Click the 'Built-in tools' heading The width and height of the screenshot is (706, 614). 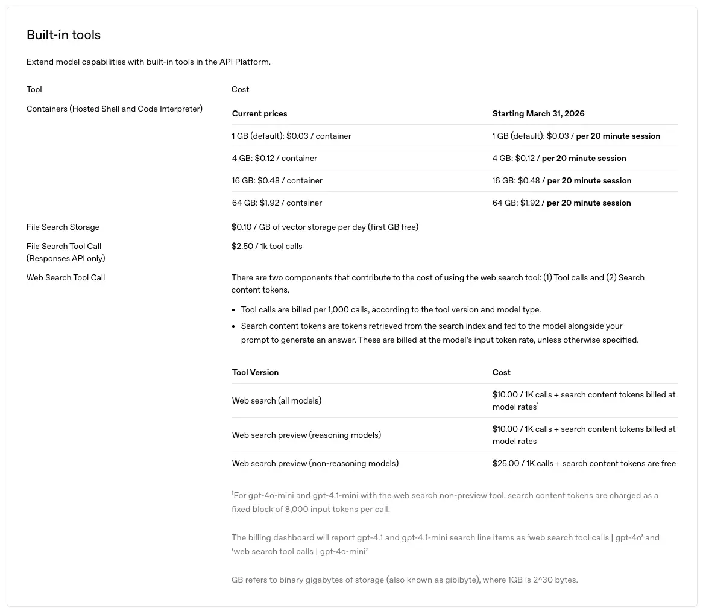pyautogui.click(x=63, y=35)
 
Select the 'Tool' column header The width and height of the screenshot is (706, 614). pyautogui.click(x=34, y=90)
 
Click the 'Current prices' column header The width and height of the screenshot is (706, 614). pyautogui.click(x=259, y=114)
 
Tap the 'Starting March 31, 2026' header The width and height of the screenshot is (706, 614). pyautogui.click(x=538, y=114)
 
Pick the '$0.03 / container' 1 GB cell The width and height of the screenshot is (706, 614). pyautogui.click(x=291, y=136)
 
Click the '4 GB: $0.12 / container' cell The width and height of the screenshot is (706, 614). pyautogui.click(x=274, y=159)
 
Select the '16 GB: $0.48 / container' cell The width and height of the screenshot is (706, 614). pyautogui.click(x=277, y=181)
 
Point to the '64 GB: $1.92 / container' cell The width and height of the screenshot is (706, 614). pyautogui.click(x=277, y=203)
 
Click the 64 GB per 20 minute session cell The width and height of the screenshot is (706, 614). pyautogui.click(x=561, y=203)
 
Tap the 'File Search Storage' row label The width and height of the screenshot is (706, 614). pyautogui.click(x=63, y=227)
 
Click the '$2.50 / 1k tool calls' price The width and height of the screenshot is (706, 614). pyautogui.click(x=266, y=247)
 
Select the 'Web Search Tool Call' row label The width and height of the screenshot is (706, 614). pyautogui.click(x=66, y=278)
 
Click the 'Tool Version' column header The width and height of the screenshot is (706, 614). pyautogui.click(x=255, y=373)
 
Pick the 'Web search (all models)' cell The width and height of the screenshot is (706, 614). pyautogui.click(x=276, y=401)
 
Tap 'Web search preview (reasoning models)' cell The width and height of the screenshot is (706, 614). pyautogui.click(x=306, y=435)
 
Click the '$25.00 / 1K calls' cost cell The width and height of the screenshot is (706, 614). pyautogui.click(x=584, y=464)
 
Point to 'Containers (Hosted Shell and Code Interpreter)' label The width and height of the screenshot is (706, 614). pyautogui.click(x=115, y=109)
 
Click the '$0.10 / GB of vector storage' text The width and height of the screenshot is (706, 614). pyautogui.click(x=324, y=227)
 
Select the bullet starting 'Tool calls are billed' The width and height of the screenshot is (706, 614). pyautogui.click(x=391, y=310)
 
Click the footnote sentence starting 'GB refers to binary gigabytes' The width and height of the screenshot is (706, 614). pyautogui.click(x=404, y=580)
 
